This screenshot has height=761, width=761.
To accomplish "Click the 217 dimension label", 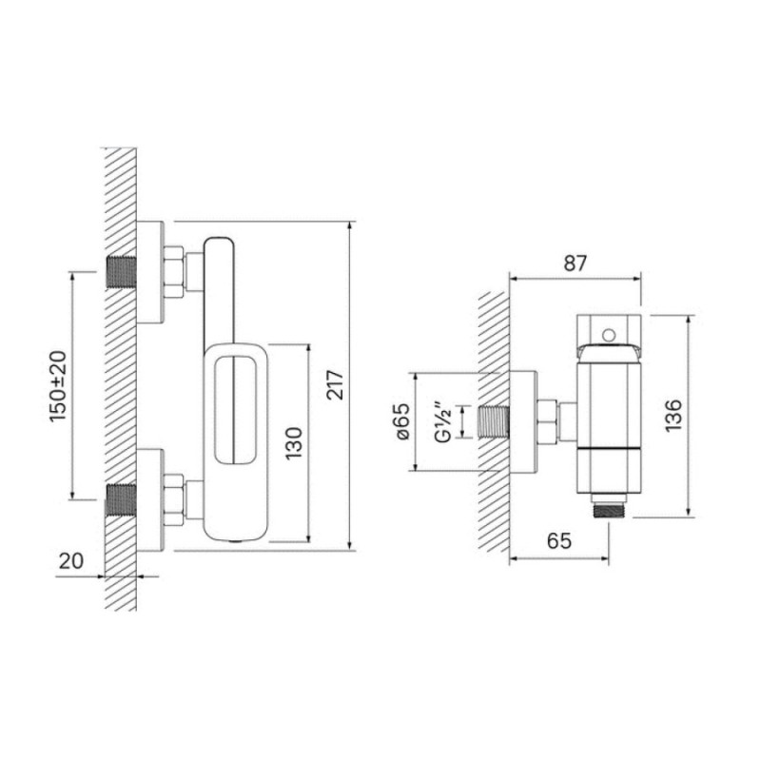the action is pyautogui.click(x=335, y=385).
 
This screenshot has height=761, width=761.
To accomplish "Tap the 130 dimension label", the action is pyautogui.click(x=293, y=443).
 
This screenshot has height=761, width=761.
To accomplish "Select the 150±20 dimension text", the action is pyautogui.click(x=58, y=386).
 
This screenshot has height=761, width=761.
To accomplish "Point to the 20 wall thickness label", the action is pyautogui.click(x=70, y=561).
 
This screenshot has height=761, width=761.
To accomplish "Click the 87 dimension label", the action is pyautogui.click(x=576, y=263).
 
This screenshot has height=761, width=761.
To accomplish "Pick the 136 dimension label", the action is pyautogui.click(x=673, y=416).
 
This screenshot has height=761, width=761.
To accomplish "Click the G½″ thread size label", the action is pyautogui.click(x=443, y=421).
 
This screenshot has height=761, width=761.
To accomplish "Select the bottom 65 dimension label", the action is pyautogui.click(x=559, y=540).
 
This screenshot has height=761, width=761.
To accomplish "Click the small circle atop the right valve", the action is pyautogui.click(x=608, y=335).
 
